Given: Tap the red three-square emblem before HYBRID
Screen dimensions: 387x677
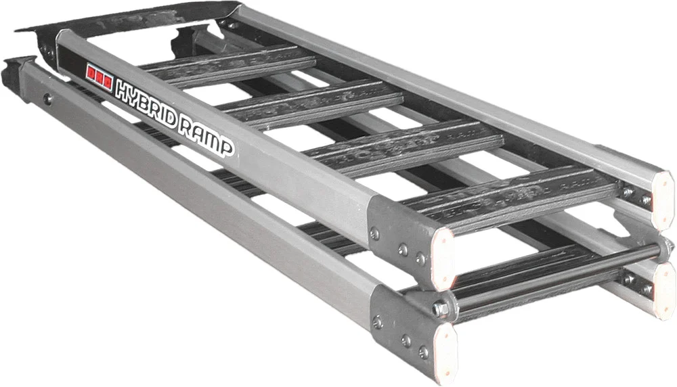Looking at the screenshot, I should (x=99, y=74).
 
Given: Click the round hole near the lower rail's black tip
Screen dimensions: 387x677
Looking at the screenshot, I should (x=48, y=100).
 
